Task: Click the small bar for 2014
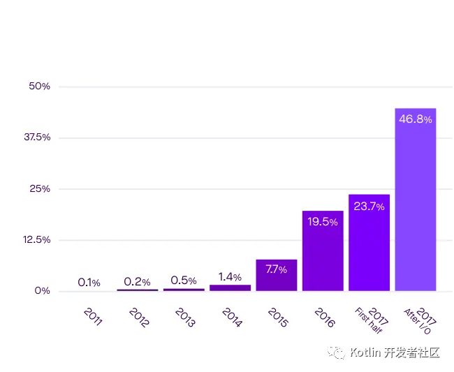coord(230,288)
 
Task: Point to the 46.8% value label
coord(415,119)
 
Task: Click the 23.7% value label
coord(369,206)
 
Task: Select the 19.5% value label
coord(323,222)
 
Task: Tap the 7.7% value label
coord(277,269)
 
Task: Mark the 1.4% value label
coord(230,277)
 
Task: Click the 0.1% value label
coord(89,283)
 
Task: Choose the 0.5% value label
coord(183,281)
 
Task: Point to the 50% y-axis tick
coord(39,87)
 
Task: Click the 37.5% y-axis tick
coord(37,137)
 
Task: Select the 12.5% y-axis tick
coord(37,240)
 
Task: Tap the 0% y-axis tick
coord(42,291)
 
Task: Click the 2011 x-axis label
coord(93,317)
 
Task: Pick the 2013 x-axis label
coord(186,317)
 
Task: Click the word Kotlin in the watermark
coord(365,352)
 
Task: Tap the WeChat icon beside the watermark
coord(337,352)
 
